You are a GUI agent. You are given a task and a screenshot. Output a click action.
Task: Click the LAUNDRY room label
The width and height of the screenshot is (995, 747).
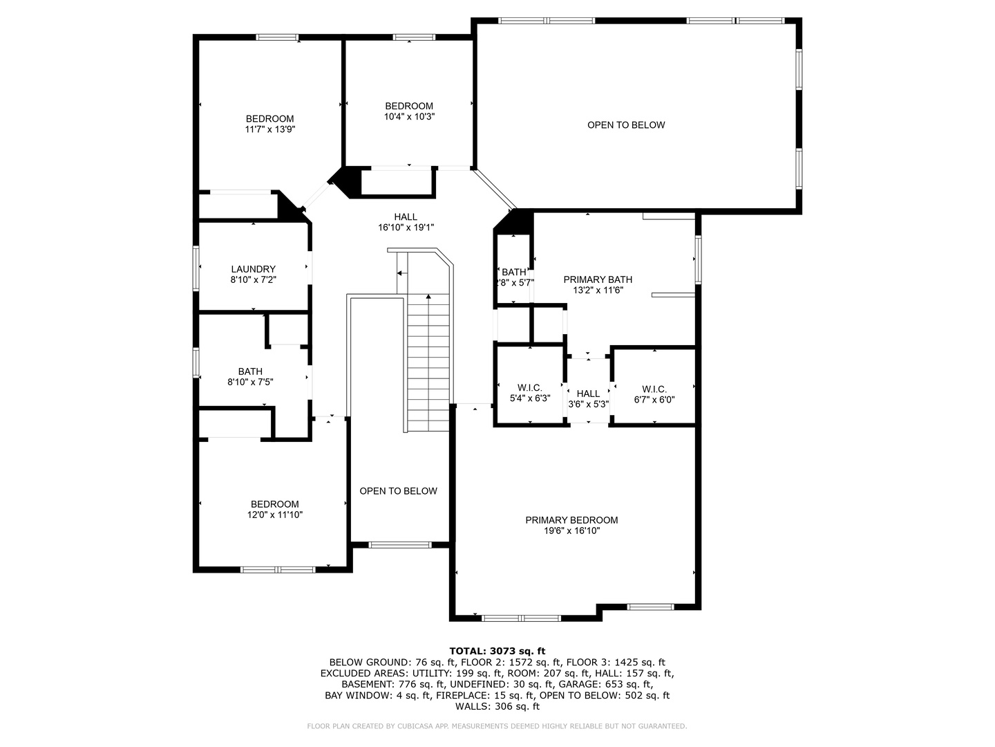253,269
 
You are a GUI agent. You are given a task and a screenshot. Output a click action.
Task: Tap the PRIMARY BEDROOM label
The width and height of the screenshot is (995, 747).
571,520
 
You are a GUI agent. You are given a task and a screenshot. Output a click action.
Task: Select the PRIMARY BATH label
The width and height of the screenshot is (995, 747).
598,279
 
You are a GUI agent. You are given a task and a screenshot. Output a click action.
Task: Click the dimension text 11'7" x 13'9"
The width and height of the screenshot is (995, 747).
269,129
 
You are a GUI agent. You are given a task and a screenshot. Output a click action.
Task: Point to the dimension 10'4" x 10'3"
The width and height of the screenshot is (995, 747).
409,117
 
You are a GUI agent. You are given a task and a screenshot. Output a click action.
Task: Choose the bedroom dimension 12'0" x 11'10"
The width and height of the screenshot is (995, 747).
274,515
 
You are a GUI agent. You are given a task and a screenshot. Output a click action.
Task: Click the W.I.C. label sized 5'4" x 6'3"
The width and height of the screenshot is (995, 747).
529,387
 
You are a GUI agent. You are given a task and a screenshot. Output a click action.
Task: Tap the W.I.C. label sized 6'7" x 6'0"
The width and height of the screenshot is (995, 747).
654,388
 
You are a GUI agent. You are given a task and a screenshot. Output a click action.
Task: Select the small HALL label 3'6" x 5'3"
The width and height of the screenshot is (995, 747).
588,394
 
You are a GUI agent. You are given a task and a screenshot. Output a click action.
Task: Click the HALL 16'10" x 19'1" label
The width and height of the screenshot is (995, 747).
406,217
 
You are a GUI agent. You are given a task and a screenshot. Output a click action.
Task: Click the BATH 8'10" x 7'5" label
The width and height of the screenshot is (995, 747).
250,371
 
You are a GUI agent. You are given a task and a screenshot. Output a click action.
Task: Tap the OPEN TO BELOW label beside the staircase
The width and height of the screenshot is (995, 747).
398,491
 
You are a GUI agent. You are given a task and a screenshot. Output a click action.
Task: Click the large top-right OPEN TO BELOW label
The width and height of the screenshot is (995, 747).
626,125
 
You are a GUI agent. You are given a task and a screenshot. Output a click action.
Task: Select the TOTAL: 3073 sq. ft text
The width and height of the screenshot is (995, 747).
497,651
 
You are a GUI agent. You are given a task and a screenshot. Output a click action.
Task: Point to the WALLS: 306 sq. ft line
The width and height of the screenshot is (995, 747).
497,706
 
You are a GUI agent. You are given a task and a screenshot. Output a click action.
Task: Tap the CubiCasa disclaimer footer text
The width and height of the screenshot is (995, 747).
497,726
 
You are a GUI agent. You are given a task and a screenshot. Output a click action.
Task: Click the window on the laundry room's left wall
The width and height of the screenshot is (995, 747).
197,268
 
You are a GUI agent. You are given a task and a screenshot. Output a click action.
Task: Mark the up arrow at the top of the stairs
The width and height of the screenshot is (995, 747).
429,297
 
